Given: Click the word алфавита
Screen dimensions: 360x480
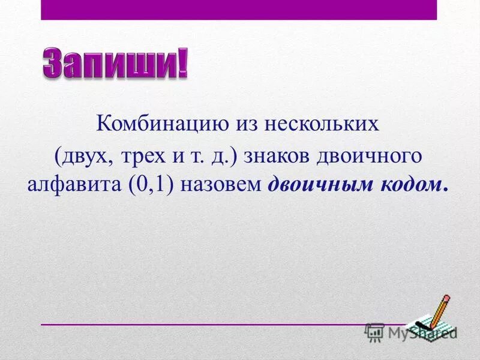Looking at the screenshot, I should click(x=73, y=184).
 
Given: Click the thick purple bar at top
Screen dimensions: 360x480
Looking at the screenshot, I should click(x=239, y=10).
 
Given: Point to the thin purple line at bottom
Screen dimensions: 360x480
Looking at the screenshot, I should click(x=204, y=325).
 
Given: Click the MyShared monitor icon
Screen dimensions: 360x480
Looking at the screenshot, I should click(x=375, y=332).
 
